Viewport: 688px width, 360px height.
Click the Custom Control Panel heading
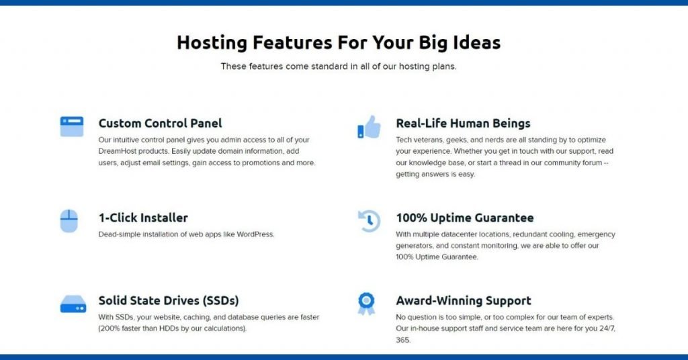click(x=160, y=123)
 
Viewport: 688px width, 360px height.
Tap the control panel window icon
click(x=71, y=126)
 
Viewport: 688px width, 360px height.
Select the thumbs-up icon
click(x=369, y=127)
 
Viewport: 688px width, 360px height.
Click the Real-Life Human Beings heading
click(x=463, y=123)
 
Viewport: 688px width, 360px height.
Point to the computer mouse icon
click(x=69, y=220)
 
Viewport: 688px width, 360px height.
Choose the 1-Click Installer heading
click(x=143, y=218)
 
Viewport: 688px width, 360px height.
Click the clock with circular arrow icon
click(x=369, y=221)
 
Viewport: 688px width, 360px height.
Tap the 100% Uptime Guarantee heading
click(x=465, y=218)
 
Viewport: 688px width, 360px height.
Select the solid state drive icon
click(x=73, y=304)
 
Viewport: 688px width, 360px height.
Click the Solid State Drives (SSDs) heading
click(x=169, y=300)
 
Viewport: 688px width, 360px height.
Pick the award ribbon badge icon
click(x=366, y=304)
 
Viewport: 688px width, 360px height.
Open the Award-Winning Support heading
click(x=464, y=300)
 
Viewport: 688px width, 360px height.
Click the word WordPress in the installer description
click(x=255, y=234)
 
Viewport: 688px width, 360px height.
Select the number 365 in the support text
click(x=403, y=340)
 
